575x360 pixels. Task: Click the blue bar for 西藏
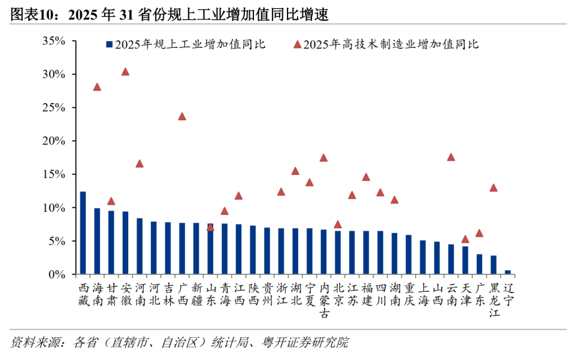tap(83, 233)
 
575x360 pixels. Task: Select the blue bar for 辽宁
tap(508, 272)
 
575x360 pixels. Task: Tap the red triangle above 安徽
tap(125, 72)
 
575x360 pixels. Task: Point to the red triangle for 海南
tap(97, 87)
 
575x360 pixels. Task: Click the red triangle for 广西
tap(182, 116)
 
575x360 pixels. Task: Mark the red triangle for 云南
tap(451, 157)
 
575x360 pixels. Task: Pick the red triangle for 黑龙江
tap(494, 187)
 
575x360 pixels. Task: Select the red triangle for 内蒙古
tap(323, 158)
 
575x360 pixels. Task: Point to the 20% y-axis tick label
tap(53, 141)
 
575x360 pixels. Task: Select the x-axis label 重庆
tap(409, 294)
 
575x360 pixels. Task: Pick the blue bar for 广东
tap(479, 264)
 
